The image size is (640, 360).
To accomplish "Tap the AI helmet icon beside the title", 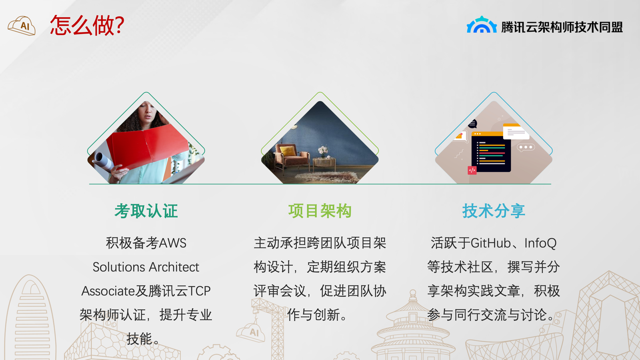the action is point(22,26).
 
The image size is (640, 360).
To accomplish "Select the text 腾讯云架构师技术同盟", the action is point(562,27).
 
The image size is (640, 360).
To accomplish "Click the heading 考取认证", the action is point(146,211).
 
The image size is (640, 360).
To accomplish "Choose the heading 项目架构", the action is point(320,211).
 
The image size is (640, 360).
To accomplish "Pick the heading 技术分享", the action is point(494,211).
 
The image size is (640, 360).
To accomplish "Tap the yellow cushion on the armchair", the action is point(288,150).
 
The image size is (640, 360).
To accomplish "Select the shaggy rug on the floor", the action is point(326,177).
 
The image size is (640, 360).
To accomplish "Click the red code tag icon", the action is point(472,170).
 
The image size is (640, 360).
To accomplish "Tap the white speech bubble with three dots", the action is point(526,148).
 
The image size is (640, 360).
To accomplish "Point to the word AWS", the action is point(172,243).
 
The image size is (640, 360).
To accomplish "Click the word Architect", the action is point(174,267).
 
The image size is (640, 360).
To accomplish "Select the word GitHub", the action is point(490,243).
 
